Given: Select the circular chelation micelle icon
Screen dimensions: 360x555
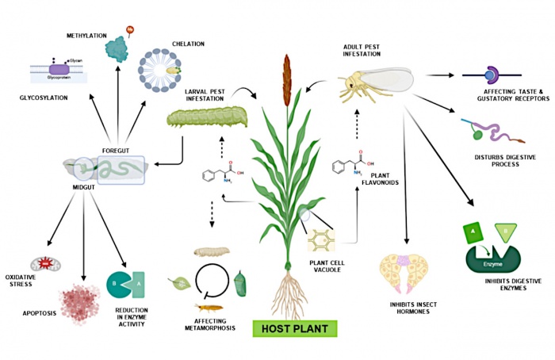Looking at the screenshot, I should [x=165, y=75].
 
